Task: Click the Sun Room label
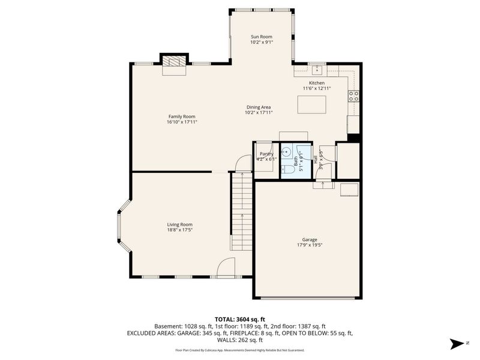click(261, 37)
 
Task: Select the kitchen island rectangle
click(312, 104)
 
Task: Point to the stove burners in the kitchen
click(355, 96)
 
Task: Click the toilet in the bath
click(287, 169)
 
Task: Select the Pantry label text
click(266, 154)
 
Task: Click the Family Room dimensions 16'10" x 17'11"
click(182, 122)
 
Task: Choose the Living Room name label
click(179, 224)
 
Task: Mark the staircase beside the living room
click(241, 210)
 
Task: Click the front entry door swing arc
click(227, 267)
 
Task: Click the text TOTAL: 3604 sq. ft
click(239, 319)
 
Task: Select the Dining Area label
click(259, 107)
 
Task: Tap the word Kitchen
click(316, 83)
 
